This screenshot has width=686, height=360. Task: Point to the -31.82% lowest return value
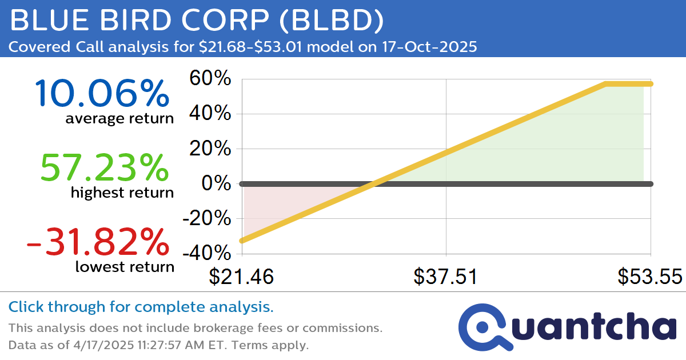[x=98, y=241]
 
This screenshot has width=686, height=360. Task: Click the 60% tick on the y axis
[x=210, y=79]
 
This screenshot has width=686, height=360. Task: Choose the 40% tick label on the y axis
[x=210, y=114]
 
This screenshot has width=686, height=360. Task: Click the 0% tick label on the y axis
[x=217, y=183]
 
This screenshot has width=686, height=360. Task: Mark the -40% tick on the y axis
[x=207, y=253]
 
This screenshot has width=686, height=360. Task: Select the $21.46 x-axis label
[x=241, y=277]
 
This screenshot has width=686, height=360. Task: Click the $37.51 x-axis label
[x=446, y=277]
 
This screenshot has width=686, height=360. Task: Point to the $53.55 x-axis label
[x=649, y=277]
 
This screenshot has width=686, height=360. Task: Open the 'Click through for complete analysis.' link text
[x=141, y=307]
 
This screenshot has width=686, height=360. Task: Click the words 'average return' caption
[x=119, y=118]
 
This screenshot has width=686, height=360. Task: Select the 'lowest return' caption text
[x=124, y=266]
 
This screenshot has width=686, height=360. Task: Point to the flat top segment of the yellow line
[x=628, y=83]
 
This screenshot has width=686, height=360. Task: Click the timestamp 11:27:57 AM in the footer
[x=173, y=345]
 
